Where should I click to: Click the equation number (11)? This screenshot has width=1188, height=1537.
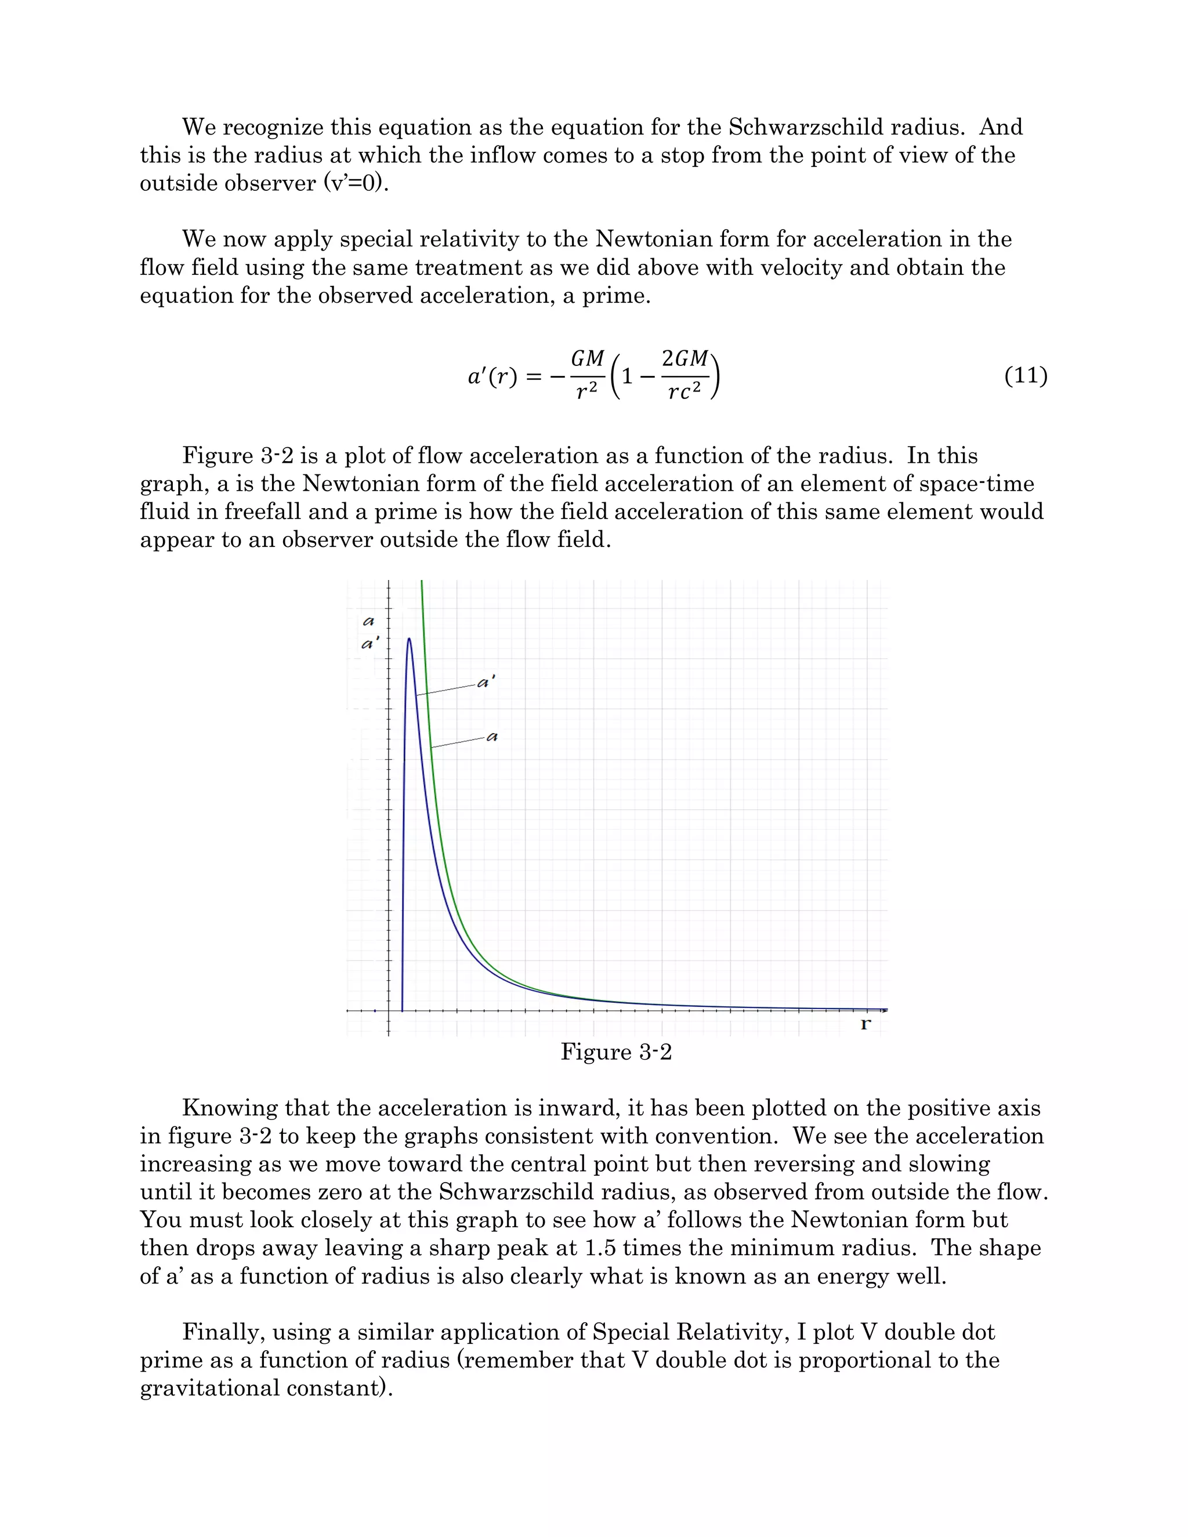1026,376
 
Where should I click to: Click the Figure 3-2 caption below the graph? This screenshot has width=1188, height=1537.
616,1052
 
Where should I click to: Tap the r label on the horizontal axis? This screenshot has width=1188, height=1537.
865,1024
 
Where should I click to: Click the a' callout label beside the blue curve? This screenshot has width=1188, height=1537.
486,682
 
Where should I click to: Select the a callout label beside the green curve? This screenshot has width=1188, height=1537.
492,737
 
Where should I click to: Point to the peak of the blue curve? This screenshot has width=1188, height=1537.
409,639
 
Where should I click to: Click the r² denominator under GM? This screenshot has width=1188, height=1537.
586,393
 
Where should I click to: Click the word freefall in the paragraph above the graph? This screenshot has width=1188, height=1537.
263,512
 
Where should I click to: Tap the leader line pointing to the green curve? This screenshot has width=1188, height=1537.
458,742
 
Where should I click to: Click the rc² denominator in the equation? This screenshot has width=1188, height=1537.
684,393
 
